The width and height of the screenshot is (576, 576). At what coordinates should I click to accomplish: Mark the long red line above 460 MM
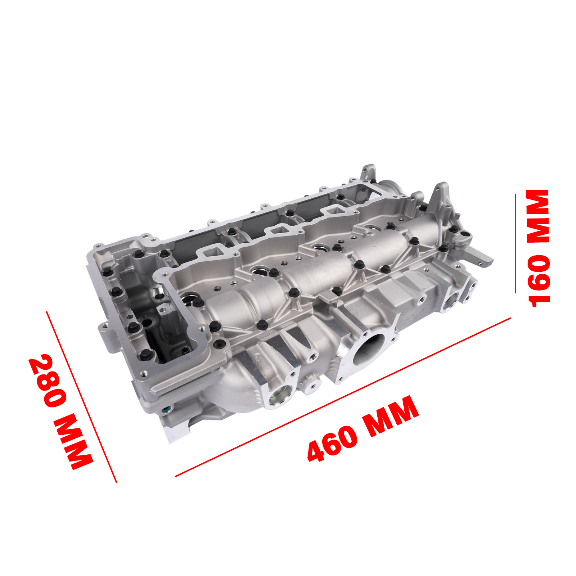[343, 397]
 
